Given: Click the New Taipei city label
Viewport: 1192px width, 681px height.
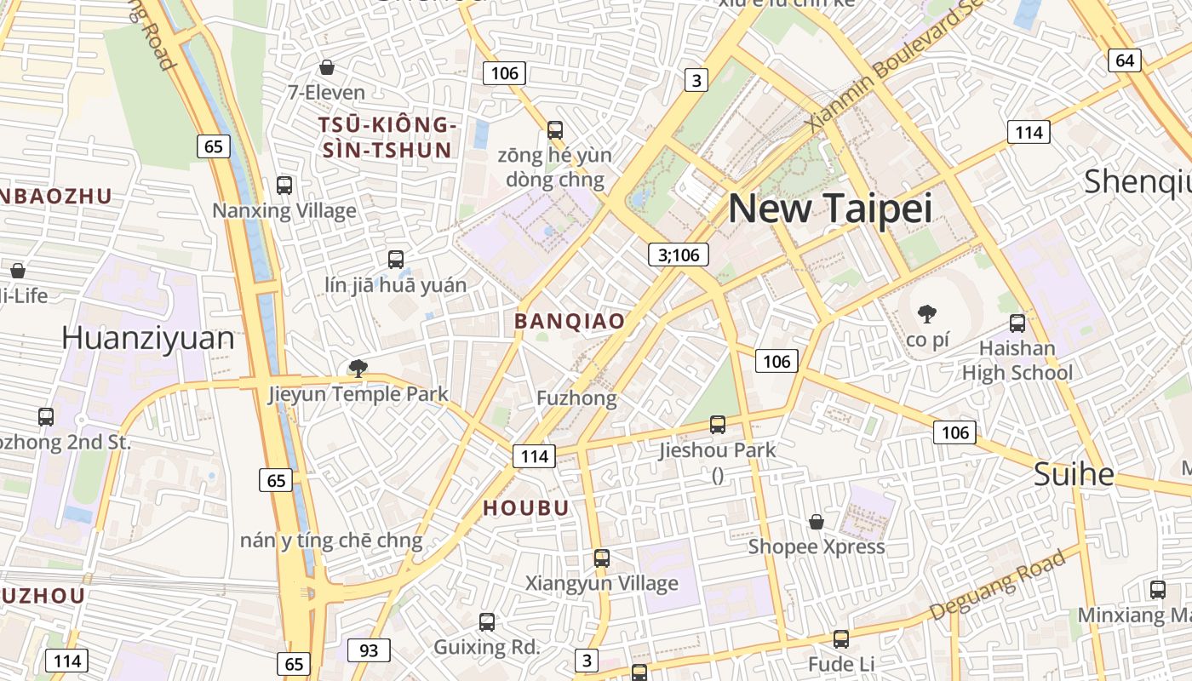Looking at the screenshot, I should [830, 209].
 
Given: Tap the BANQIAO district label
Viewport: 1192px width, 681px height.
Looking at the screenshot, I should [570, 321].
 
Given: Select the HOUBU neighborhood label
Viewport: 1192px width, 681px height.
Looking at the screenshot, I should [526, 508].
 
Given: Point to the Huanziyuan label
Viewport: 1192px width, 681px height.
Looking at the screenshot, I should [148, 338].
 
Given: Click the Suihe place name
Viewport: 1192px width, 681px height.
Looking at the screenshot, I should [1074, 474].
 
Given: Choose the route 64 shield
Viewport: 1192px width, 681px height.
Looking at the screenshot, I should [1125, 60].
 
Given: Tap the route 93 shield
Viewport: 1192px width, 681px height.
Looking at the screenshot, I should [369, 650].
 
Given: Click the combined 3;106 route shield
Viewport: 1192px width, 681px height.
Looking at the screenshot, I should [679, 254].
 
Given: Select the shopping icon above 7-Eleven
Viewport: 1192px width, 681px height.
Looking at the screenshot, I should [326, 66].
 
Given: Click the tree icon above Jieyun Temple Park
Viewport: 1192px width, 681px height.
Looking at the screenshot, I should [358, 369].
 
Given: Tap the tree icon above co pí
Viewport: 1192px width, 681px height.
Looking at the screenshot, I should [927, 314].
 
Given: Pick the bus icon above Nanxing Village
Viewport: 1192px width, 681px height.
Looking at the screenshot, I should [284, 185].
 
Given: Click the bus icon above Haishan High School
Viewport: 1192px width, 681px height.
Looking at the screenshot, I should [1017, 323].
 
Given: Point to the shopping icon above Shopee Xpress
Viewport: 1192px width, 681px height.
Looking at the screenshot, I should [817, 521].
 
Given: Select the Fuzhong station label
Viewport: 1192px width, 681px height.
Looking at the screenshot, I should [576, 398].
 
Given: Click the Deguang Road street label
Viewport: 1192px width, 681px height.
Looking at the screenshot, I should [997, 585].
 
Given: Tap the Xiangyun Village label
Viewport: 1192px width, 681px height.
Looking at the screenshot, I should [602, 583].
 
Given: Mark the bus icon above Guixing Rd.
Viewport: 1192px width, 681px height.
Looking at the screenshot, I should [487, 622].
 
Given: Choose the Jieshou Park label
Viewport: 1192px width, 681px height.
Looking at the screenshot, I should [718, 449].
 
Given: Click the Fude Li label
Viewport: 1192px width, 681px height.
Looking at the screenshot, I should [841, 663].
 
